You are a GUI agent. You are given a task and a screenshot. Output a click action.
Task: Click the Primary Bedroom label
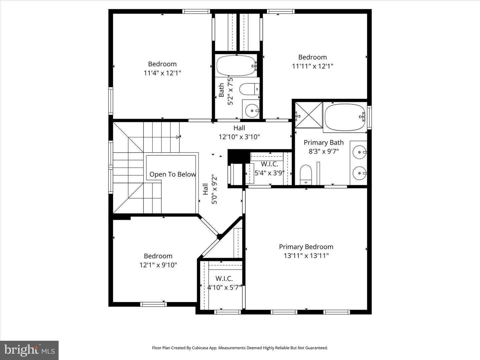click(306, 247)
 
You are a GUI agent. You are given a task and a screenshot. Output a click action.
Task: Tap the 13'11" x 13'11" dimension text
click(306, 256)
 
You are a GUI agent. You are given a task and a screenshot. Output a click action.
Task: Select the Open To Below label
click(172, 174)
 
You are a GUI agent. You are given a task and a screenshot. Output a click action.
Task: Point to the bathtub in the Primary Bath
click(345, 117)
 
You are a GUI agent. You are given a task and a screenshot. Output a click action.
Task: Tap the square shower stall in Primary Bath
click(309, 115)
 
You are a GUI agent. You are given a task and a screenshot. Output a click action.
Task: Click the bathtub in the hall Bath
click(236, 66)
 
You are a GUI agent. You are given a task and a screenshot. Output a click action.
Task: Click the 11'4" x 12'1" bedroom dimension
click(162, 73)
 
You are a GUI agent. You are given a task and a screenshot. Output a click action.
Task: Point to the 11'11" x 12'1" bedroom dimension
click(312, 66)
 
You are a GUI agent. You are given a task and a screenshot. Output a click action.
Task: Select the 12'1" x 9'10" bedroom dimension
click(158, 265)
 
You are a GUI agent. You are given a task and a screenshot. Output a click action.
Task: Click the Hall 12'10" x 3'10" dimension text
click(239, 137)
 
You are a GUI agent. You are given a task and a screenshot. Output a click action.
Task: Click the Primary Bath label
click(323, 143)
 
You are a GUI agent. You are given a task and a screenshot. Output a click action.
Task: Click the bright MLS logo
click(29, 350)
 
